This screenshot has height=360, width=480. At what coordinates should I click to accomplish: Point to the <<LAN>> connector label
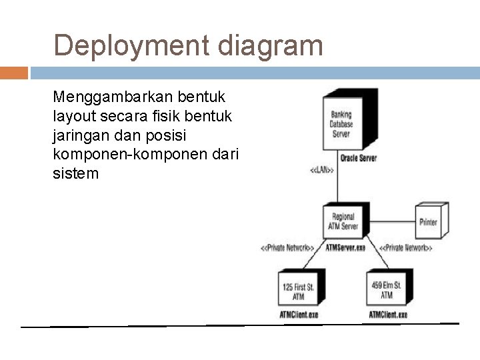(322, 170)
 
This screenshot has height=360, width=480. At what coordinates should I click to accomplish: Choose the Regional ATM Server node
(344, 221)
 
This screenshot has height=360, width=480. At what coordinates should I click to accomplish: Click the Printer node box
(428, 221)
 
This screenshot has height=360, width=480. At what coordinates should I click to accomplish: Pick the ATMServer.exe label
(345, 248)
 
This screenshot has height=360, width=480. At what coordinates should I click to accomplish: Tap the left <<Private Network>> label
(287, 249)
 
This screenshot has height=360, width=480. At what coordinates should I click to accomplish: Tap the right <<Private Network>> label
(405, 249)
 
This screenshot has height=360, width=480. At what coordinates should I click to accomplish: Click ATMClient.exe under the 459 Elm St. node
(388, 314)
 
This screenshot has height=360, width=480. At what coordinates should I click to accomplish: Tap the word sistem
(75, 174)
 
